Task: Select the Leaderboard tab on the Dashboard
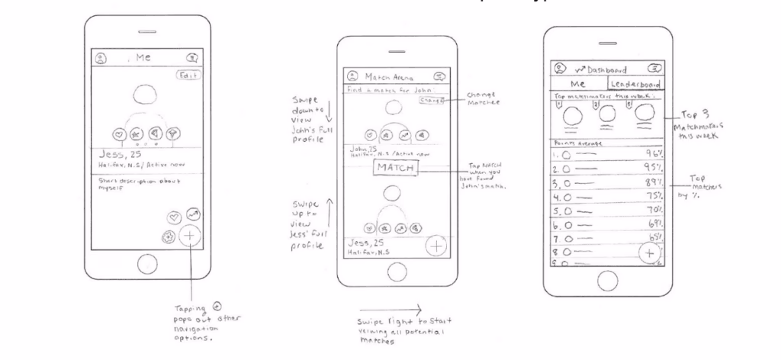(634, 85)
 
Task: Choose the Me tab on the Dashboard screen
(577, 85)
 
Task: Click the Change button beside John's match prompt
(431, 100)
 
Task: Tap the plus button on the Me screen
(189, 236)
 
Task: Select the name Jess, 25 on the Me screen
(117, 154)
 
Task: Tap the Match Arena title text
(389, 76)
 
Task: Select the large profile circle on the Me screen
(145, 95)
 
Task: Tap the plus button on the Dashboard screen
(650, 252)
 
